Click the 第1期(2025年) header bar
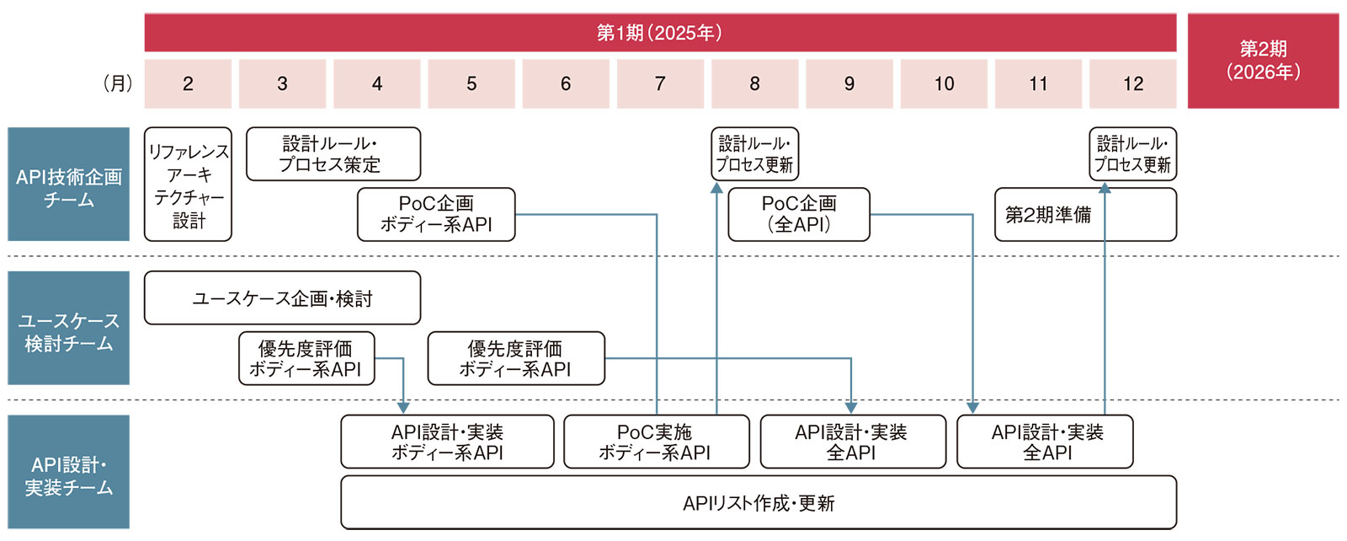(x=659, y=33)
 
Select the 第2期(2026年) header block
(x=1263, y=61)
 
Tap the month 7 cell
(x=660, y=83)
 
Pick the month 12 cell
(x=1132, y=83)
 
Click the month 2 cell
(x=188, y=83)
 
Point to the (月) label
(x=117, y=83)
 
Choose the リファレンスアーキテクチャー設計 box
(x=188, y=185)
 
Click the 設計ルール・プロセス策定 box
(x=333, y=154)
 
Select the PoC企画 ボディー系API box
(x=436, y=214)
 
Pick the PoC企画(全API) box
(x=798, y=214)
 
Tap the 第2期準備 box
(x=1085, y=214)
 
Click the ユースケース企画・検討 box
(x=282, y=298)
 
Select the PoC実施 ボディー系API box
(x=656, y=442)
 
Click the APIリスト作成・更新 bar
(x=758, y=503)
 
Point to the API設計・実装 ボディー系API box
(x=447, y=442)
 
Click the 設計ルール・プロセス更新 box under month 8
(x=754, y=154)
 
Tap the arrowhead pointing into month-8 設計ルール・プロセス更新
(x=716, y=188)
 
